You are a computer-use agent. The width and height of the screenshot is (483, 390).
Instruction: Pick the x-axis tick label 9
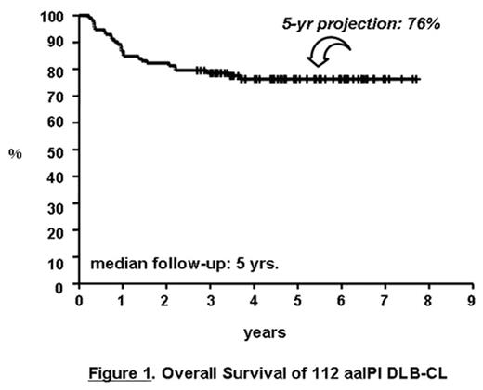click(472, 303)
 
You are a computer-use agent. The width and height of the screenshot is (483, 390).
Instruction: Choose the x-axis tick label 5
click(297, 303)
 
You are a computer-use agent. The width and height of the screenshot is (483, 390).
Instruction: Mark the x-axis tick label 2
click(166, 303)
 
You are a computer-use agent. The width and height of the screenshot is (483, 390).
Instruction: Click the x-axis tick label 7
click(385, 303)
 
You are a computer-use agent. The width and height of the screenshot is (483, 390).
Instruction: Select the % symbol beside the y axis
click(14, 152)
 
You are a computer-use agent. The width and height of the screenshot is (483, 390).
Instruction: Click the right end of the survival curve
click(418, 80)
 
